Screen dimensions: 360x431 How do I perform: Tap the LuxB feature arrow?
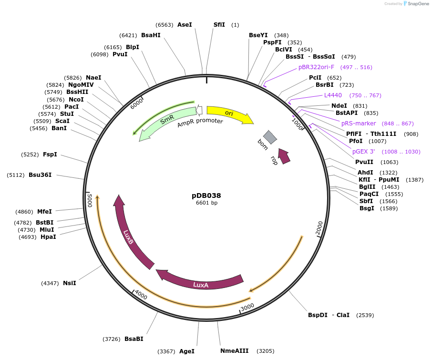coord(128,236)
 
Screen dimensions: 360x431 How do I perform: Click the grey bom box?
coord(270,137)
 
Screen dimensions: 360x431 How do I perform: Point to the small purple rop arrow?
coord(284,156)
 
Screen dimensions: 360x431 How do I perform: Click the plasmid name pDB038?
coord(206,195)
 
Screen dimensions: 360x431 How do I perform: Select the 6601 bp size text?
coord(206,203)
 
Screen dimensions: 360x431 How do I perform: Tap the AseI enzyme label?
coord(185,24)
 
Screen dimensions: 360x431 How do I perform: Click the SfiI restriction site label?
coord(219,24)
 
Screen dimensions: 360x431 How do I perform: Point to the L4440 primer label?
coord(333,95)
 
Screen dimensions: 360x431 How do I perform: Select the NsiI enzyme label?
coord(70,283)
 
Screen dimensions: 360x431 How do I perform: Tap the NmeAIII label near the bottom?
coord(235,351)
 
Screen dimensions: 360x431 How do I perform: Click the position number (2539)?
coord(365,315)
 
